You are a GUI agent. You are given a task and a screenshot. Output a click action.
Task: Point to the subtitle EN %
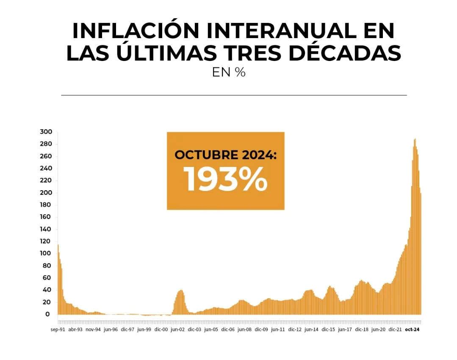229,72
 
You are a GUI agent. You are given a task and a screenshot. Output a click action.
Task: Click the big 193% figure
225,179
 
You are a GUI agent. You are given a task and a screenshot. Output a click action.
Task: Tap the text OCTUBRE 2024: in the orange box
225,155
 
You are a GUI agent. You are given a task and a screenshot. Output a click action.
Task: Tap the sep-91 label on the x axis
58,329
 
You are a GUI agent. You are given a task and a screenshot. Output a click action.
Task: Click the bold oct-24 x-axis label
412,329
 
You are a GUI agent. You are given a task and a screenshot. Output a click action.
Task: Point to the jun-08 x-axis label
244,329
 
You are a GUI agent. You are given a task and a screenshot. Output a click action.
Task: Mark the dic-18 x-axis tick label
362,329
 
